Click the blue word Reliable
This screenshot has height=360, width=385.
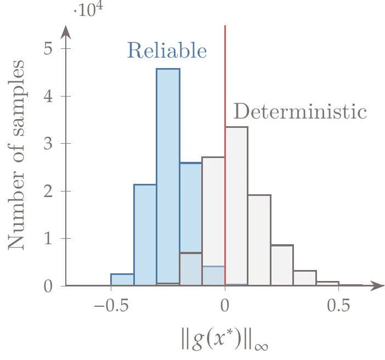click(x=167, y=51)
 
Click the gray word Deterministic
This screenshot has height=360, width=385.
click(x=300, y=111)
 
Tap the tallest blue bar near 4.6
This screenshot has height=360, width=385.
click(x=168, y=176)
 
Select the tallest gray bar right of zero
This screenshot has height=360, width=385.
click(x=236, y=206)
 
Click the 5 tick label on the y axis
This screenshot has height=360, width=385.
click(x=48, y=49)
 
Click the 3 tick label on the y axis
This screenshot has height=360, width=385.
click(x=48, y=144)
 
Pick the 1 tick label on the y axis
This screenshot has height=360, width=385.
click(x=48, y=239)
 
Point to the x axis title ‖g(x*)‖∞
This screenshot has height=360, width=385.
click(x=225, y=340)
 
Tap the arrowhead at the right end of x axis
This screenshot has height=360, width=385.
click(x=377, y=286)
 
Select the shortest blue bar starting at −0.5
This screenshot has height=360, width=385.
click(x=122, y=280)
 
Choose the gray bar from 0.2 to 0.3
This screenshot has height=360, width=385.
click(x=282, y=266)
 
